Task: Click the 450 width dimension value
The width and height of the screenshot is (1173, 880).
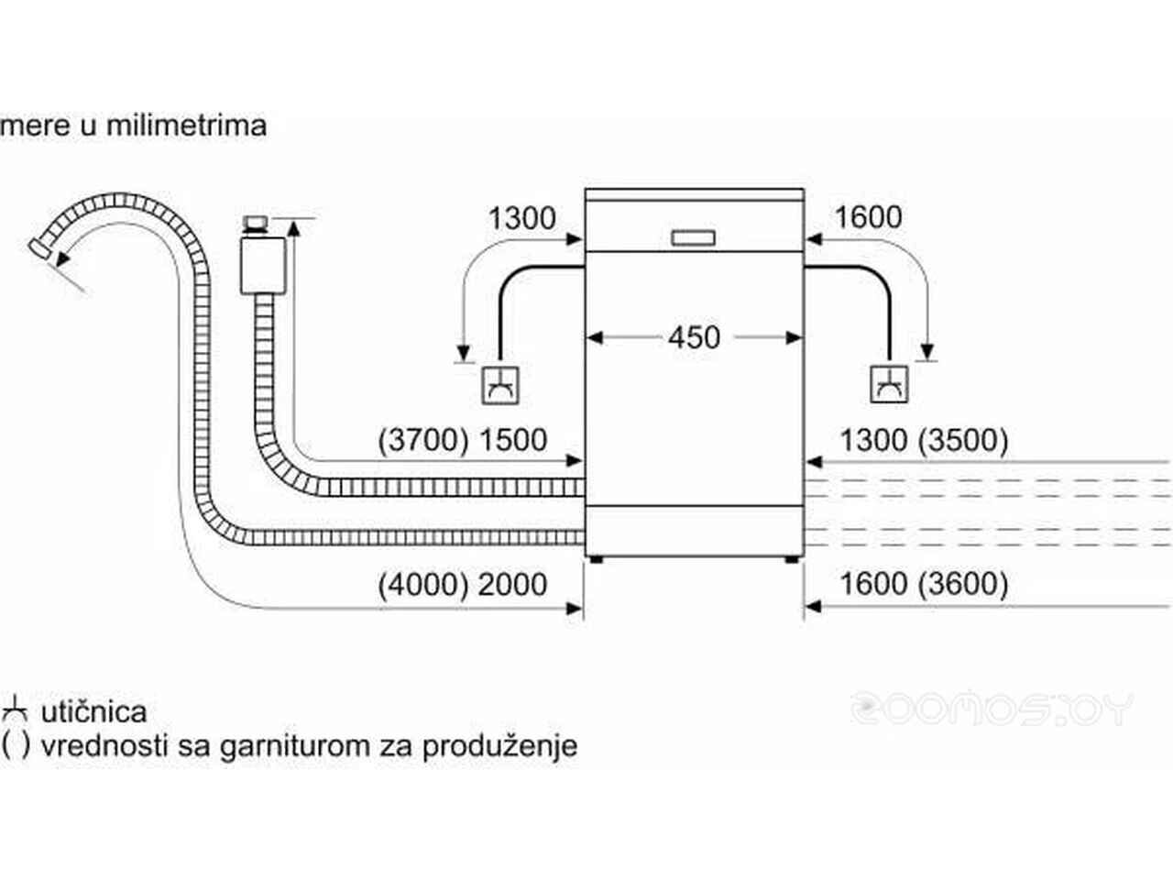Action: [694, 337]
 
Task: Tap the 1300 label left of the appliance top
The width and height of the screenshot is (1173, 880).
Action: [521, 218]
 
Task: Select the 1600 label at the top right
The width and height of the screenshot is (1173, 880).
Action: [868, 217]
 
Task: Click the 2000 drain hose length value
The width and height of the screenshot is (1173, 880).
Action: [512, 584]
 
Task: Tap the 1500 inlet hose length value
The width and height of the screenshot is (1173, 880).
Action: [512, 440]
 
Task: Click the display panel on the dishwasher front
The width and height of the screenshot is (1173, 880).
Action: [693, 237]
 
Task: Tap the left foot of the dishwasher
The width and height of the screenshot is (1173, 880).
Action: [597, 559]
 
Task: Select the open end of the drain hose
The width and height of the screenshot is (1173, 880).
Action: [38, 246]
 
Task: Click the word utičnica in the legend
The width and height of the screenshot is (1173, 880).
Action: [93, 711]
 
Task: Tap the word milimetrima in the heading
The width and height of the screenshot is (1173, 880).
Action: [186, 125]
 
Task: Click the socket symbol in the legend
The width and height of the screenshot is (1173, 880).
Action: [16, 710]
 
